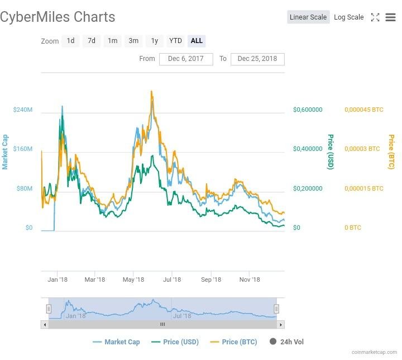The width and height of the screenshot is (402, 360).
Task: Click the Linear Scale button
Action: pyautogui.click(x=308, y=17)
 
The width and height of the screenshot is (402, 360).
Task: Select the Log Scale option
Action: pyautogui.click(x=348, y=17)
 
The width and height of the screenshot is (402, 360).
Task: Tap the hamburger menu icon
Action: pyautogui.click(x=390, y=17)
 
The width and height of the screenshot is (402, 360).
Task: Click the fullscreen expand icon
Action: pyautogui.click(x=375, y=17)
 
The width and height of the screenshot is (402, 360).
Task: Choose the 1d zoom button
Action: pyautogui.click(x=70, y=41)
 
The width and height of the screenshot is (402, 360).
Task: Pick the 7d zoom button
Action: pyautogui.click(x=92, y=41)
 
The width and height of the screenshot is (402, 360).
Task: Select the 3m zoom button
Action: pyautogui.click(x=133, y=41)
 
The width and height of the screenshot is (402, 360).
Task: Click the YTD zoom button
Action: pyautogui.click(x=175, y=41)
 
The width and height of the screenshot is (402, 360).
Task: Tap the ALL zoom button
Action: pyautogui.click(x=197, y=41)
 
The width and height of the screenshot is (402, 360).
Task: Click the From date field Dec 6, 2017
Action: pyautogui.click(x=186, y=59)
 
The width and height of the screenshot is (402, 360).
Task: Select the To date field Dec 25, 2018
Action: pyautogui.click(x=257, y=59)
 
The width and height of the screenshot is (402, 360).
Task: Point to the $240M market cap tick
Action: pyautogui.click(x=22, y=110)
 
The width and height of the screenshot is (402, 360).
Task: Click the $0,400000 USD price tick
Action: pyautogui.click(x=308, y=149)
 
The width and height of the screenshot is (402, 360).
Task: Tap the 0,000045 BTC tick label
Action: pyautogui.click(x=364, y=110)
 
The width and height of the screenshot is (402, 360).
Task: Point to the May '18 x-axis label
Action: pyautogui.click(x=133, y=280)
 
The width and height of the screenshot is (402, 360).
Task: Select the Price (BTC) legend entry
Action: pyautogui.click(x=233, y=342)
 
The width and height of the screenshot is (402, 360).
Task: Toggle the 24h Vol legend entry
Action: pyautogui.click(x=287, y=342)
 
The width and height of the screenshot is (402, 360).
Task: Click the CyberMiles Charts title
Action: pyautogui.click(x=58, y=17)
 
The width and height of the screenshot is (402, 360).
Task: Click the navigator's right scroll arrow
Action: pyautogui.click(x=281, y=324)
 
